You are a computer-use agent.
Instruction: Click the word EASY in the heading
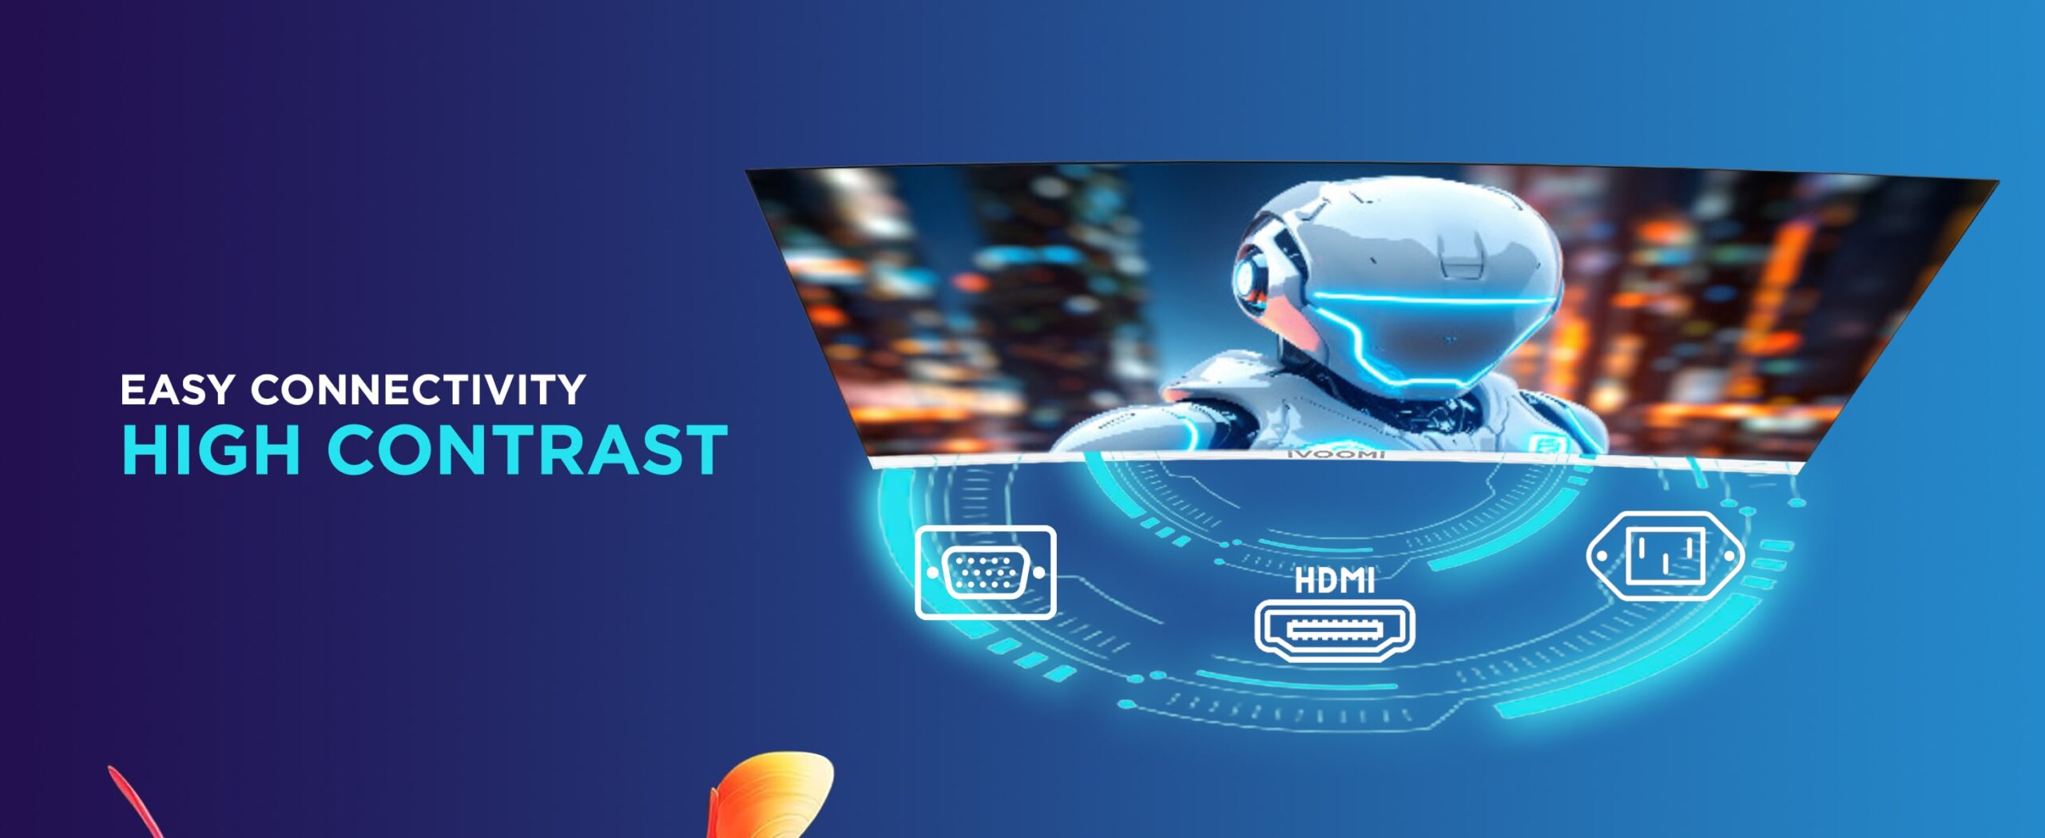(177, 390)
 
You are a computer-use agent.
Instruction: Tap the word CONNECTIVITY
(419, 390)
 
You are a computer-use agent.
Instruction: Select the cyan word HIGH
(212, 451)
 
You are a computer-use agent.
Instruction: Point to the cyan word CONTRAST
(528, 451)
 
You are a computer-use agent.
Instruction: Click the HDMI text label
(1334, 581)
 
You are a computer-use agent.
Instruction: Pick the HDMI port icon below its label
(1334, 630)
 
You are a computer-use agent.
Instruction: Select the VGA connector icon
(986, 572)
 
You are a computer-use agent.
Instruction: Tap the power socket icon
(1666, 555)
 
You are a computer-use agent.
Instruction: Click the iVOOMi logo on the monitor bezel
(1336, 454)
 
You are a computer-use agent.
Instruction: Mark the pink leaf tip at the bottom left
(112, 770)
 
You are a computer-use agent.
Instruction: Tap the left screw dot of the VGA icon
(932, 573)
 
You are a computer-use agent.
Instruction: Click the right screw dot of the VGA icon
(1039, 573)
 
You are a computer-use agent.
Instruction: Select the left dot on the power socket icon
(1602, 556)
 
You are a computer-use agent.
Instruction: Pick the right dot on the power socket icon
(1729, 556)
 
